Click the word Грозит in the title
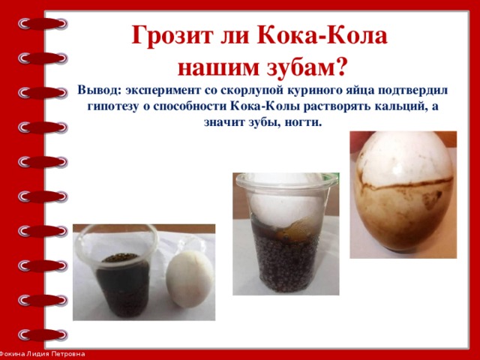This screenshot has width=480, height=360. [172, 36]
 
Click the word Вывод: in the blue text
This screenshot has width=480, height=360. [99, 90]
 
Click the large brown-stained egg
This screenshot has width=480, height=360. [403, 192]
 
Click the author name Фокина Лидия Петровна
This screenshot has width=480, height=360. [43, 354]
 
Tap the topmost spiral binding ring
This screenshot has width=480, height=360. [43, 24]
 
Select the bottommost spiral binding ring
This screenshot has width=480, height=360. [43, 335]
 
